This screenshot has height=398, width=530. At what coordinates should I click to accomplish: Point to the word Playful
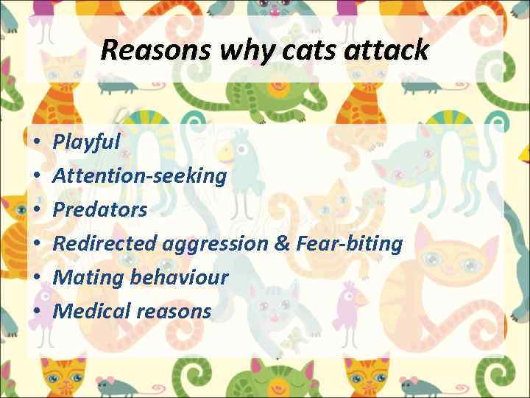tap(86, 142)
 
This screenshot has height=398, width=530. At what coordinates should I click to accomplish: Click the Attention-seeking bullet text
tap(140, 175)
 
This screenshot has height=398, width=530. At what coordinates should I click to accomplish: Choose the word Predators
tap(100, 209)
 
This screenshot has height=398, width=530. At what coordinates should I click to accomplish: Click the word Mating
tap(83, 278)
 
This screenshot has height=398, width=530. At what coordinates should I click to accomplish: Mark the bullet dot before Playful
tap(36, 142)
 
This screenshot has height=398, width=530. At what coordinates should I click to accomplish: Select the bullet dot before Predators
tap(36, 209)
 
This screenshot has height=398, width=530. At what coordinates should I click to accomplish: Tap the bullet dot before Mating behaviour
tap(36, 278)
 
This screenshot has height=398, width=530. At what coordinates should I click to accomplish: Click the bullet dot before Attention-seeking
tap(36, 175)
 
